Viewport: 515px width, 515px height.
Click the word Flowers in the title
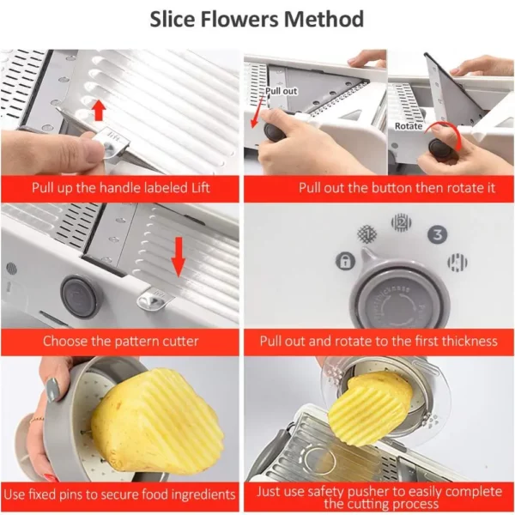[239, 19]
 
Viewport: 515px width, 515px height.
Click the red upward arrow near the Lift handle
[99, 111]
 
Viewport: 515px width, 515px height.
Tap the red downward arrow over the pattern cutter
[179, 257]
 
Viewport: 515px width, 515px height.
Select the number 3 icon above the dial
[438, 235]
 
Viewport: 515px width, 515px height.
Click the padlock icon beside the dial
[345, 261]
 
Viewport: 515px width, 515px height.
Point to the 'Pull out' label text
[282, 91]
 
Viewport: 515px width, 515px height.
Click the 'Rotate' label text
[409, 126]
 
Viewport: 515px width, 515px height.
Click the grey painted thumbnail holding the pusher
[52, 390]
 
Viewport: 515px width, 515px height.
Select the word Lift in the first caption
[200, 188]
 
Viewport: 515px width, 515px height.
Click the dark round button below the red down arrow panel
[80, 298]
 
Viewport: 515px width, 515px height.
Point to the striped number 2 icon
[401, 223]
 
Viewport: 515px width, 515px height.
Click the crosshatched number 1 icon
[367, 233]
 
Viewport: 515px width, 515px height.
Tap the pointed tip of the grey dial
[363, 251]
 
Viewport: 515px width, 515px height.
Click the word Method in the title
[324, 19]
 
